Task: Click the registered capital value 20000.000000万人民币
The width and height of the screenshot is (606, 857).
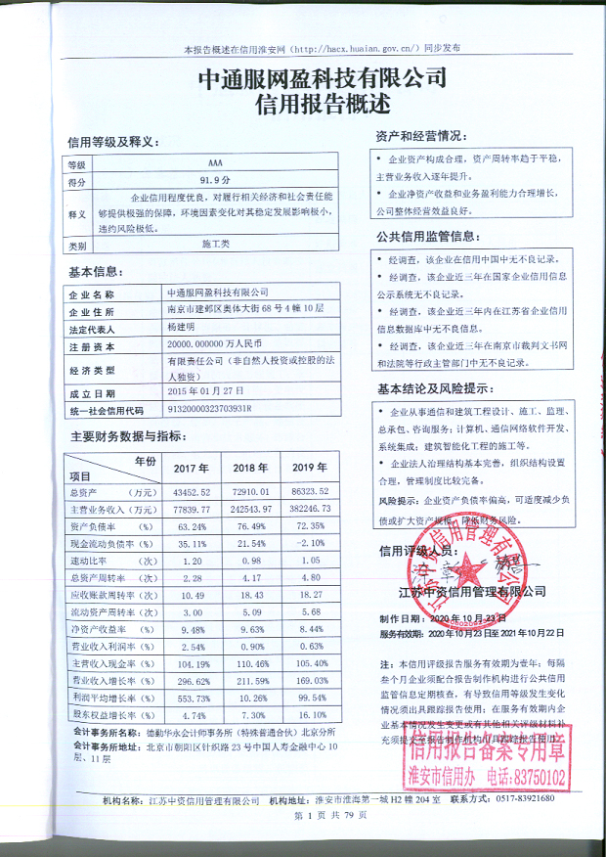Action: click(215, 345)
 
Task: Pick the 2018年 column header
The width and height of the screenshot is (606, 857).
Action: click(249, 468)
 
